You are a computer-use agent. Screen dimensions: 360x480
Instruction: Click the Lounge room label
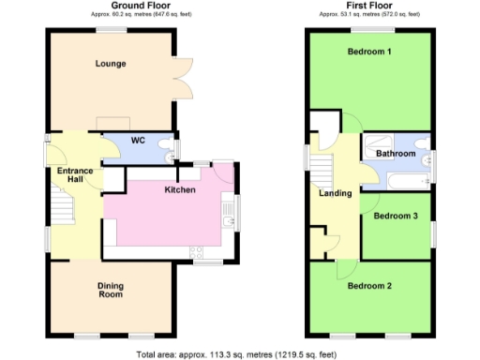111,64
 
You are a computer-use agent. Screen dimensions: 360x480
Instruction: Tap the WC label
137,141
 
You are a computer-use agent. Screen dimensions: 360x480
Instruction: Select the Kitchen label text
180,189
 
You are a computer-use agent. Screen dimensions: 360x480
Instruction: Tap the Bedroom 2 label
369,286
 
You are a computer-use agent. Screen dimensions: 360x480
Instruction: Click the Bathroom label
396,153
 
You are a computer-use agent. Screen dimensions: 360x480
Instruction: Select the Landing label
336,194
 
